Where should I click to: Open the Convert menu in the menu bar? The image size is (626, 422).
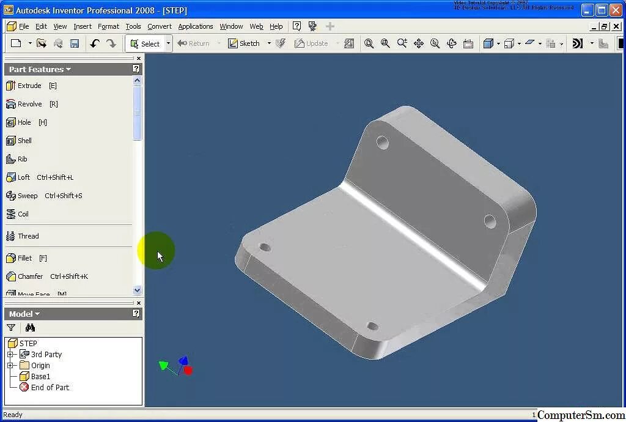coord(160,26)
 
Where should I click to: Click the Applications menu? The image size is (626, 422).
coord(196,26)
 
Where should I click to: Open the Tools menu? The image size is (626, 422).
coord(133,26)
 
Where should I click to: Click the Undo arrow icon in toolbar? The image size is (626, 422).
coord(94,43)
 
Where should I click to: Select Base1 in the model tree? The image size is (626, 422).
coord(40,376)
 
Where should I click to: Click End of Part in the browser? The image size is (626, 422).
coord(50,387)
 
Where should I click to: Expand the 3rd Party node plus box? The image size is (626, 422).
coord(10,354)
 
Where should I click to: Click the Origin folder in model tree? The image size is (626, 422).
coord(40,365)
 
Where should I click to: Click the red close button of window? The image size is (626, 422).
coord(616,10)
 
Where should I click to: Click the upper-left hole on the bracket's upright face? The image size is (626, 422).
coord(383,143)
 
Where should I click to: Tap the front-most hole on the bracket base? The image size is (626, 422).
coord(372,326)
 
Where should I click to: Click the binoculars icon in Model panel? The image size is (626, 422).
coord(30,328)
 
